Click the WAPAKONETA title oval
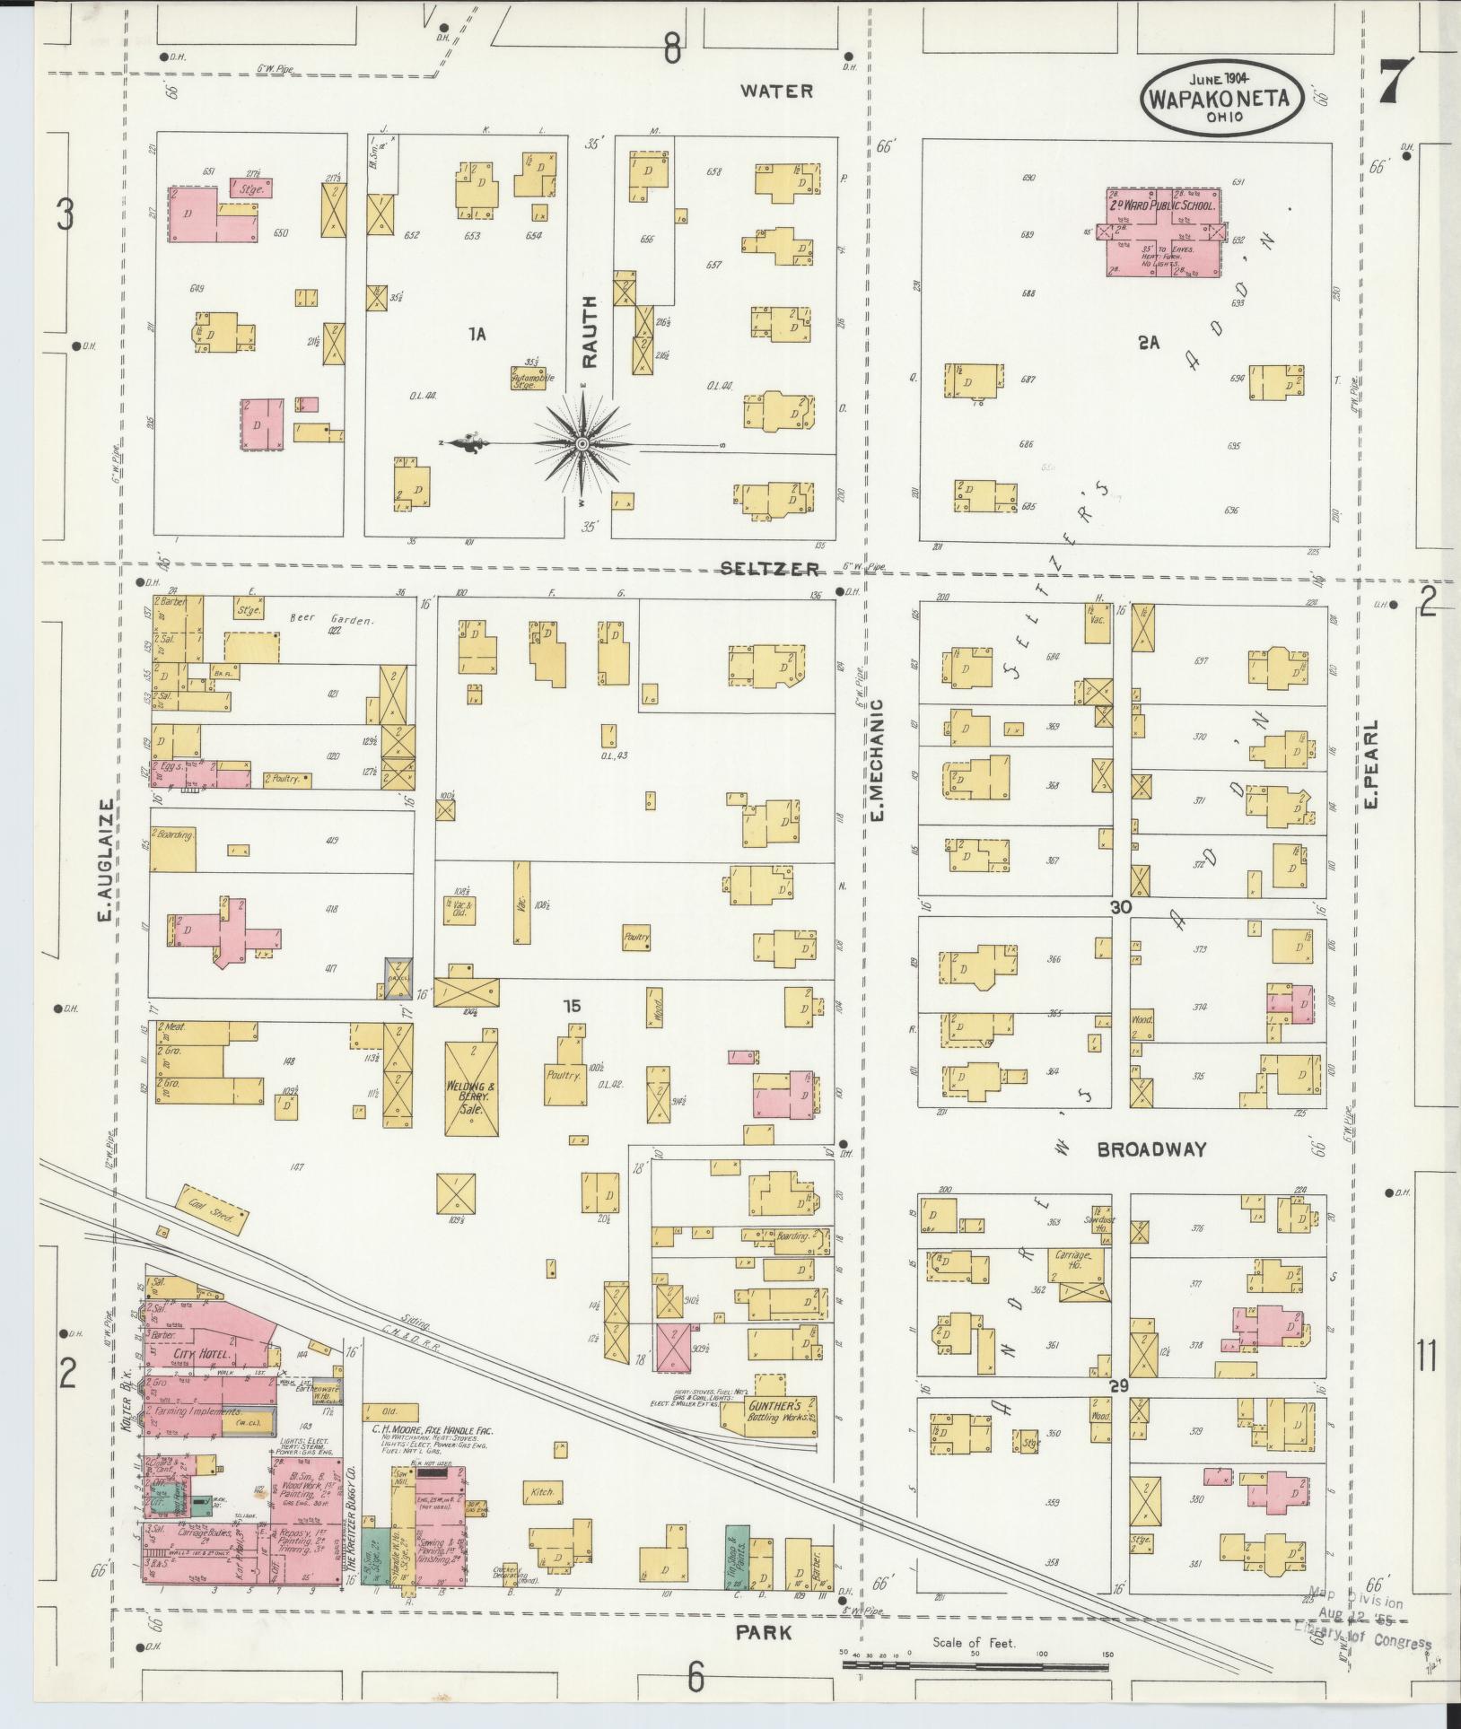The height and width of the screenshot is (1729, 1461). (x=1221, y=98)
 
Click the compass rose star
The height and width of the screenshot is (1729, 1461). (x=582, y=444)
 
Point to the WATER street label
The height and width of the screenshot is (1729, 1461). (x=777, y=91)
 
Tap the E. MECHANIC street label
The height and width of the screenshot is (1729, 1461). (x=878, y=760)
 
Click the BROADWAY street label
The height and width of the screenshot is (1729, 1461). (x=1151, y=1149)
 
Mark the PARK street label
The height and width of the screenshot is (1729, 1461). (x=764, y=1632)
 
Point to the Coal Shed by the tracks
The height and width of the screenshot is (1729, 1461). (x=212, y=1216)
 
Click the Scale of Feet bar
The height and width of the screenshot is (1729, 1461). (x=975, y=1665)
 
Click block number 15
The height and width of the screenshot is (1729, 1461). (x=572, y=1006)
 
